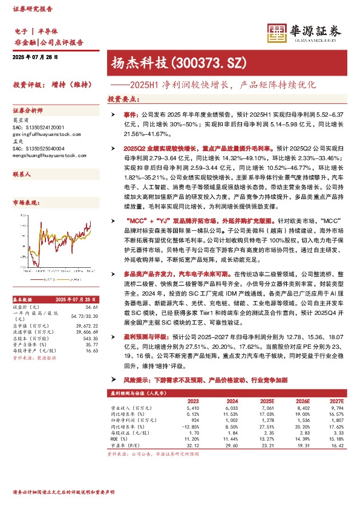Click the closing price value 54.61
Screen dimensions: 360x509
click(92, 289)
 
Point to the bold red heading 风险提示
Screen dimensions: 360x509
click(138, 379)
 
